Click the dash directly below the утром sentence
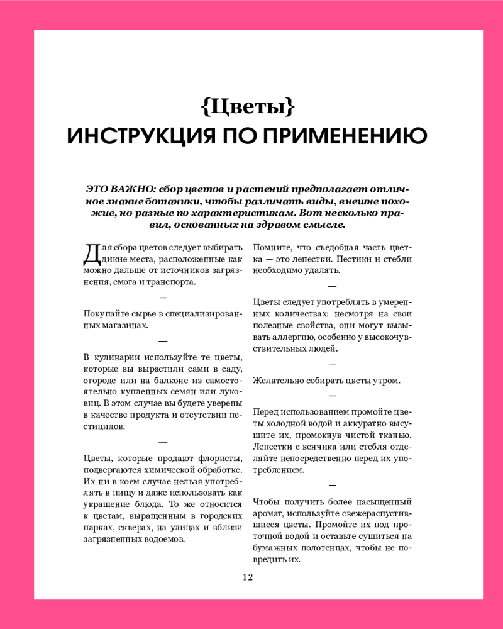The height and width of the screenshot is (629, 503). pos(332,396)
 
